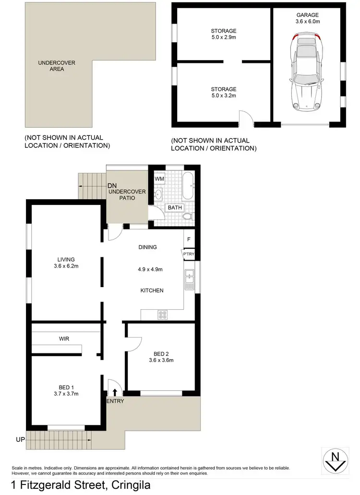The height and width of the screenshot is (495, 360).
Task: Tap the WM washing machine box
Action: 159,179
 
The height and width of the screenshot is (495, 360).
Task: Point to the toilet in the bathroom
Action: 188,216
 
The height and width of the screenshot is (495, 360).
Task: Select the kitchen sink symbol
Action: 189,279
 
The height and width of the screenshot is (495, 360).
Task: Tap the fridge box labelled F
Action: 189,239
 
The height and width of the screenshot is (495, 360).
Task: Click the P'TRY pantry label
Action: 187,253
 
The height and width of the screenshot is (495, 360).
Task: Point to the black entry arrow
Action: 114,392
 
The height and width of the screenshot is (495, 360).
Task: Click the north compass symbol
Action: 335,461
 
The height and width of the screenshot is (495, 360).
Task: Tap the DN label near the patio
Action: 112,186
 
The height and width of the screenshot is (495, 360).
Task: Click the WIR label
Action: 64,338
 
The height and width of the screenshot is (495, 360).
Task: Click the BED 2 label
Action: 161,353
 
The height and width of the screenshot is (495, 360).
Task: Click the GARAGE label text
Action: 307,15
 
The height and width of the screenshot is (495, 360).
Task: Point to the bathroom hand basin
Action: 158,194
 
